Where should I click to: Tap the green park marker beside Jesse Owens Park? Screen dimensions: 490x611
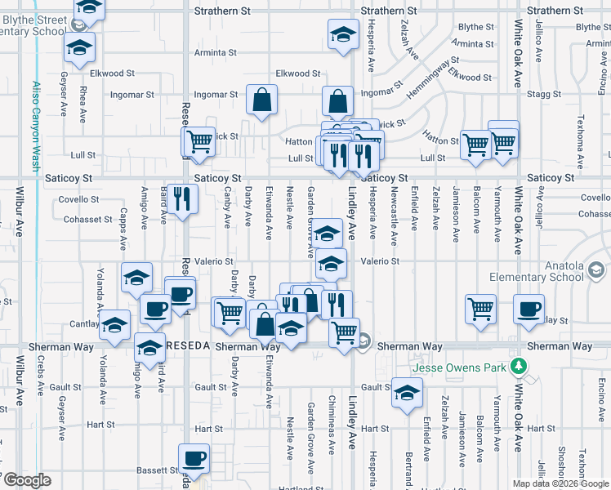pos(516,364)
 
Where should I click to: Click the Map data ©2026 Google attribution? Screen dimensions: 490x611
pos(560,483)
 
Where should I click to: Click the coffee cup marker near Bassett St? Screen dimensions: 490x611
pos(194,458)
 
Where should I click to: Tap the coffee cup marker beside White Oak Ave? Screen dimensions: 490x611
pos(528,310)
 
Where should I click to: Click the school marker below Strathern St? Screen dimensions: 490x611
pos(344,34)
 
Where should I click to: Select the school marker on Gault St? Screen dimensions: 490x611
pos(406,393)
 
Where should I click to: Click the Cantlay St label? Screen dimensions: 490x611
pos(85,324)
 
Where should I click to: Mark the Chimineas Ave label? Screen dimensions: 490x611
pos(332,428)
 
